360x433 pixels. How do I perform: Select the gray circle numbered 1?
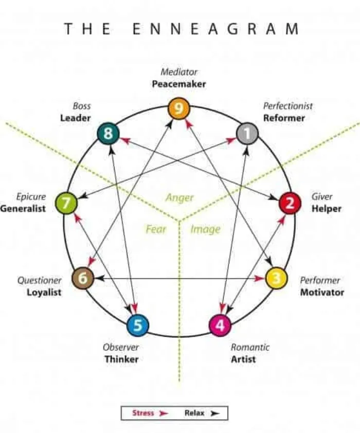pyautogui.click(x=247, y=134)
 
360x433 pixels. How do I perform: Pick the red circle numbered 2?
pyautogui.click(x=290, y=204)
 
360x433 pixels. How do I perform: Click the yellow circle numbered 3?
pyautogui.click(x=276, y=278)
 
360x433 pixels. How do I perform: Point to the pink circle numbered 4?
pyautogui.click(x=220, y=326)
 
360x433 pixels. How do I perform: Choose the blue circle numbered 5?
pyautogui.click(x=138, y=325)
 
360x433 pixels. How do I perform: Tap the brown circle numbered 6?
pyautogui.click(x=82, y=279)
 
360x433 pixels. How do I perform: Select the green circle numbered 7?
pyautogui.click(x=66, y=204)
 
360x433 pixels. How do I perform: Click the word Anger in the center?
pyautogui.click(x=179, y=197)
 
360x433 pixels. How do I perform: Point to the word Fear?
pyautogui.click(x=156, y=229)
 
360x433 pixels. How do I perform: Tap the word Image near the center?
pyautogui.click(x=205, y=229)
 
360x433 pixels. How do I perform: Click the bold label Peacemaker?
pyautogui.click(x=178, y=83)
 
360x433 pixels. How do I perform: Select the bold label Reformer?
pyautogui.click(x=284, y=118)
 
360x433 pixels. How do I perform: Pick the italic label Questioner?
pyautogui.click(x=40, y=280)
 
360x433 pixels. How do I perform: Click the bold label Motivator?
pyautogui.click(x=322, y=292)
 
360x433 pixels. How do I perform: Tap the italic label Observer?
pyautogui.click(x=121, y=347)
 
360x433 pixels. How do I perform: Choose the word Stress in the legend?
pyautogui.click(x=143, y=413)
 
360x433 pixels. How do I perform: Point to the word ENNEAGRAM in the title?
pyautogui.click(x=215, y=29)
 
